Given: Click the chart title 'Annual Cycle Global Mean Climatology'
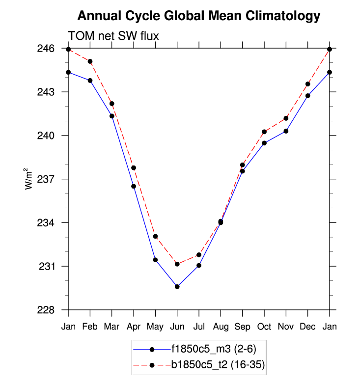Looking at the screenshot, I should pyautogui.click(x=199, y=16).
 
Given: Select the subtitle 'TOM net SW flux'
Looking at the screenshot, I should pyautogui.click(x=113, y=36).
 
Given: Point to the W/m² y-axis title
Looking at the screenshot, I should pyautogui.click(x=30, y=179).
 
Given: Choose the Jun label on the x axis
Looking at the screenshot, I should pyautogui.click(x=177, y=326).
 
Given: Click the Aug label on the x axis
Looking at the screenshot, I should pyautogui.click(x=221, y=326).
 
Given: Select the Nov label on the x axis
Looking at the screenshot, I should pyautogui.click(x=286, y=326).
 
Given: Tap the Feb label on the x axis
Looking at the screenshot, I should pyautogui.click(x=90, y=326).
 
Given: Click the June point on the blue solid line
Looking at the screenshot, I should pyautogui.click(x=177, y=286).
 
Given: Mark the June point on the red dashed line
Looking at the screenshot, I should pyautogui.click(x=177, y=264).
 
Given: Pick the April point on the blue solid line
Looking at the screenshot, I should pyautogui.click(x=134, y=186).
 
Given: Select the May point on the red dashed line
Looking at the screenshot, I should pyautogui.click(x=155, y=236).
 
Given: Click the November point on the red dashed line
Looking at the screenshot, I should pyautogui.click(x=286, y=118).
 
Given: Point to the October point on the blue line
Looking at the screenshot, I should pyautogui.click(x=264, y=143).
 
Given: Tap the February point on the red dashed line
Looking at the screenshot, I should pyautogui.click(x=90, y=61).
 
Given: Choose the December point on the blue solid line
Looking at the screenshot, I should pyautogui.click(x=308, y=96).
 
